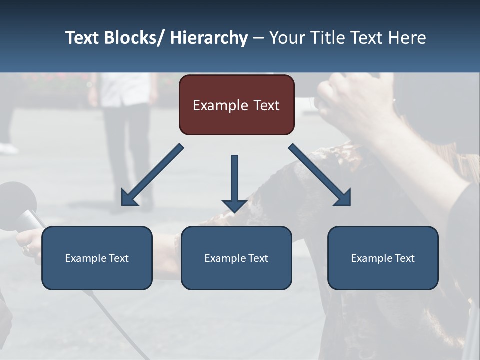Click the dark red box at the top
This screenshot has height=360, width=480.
(x=236, y=105)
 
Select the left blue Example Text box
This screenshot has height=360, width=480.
(x=97, y=258)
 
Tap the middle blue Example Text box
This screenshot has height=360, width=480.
(x=236, y=258)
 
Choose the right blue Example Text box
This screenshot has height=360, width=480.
(x=383, y=258)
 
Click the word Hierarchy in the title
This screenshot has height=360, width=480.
(x=208, y=38)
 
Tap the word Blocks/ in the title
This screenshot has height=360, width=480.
(x=134, y=38)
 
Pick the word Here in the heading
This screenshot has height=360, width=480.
(x=408, y=38)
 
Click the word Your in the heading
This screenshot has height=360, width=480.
(x=287, y=38)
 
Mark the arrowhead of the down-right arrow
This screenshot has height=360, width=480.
(x=343, y=198)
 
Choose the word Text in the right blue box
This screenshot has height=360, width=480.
(x=404, y=258)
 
